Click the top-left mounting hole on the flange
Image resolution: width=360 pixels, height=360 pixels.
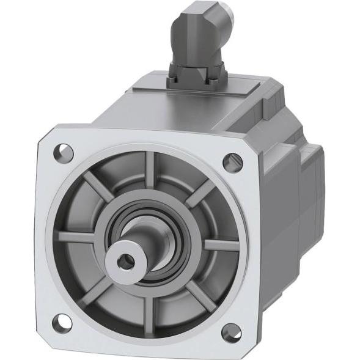tap(63, 150)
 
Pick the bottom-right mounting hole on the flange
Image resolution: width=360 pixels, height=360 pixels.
tap(230, 332)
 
